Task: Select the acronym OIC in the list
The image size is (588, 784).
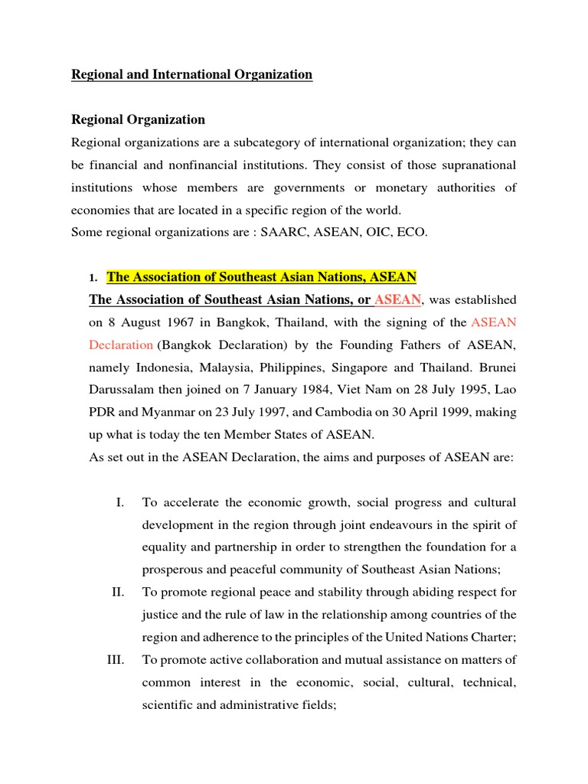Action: [x=377, y=233]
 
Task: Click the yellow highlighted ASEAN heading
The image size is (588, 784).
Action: [x=261, y=277]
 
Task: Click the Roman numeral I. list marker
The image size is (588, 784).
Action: [x=120, y=503]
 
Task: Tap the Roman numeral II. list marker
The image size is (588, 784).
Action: [x=119, y=593]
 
